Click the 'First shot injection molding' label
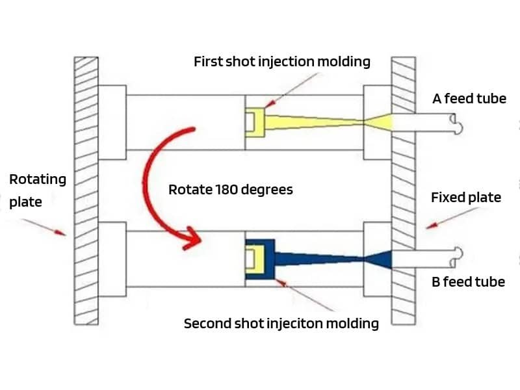coord(281,62)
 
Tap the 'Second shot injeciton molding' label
coord(281,323)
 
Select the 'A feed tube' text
coord(469,99)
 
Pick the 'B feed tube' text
coord(468,281)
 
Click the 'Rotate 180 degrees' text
coord(231,190)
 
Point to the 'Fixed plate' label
coord(466,197)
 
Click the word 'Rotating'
coord(38,179)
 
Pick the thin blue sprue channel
coord(318,259)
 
